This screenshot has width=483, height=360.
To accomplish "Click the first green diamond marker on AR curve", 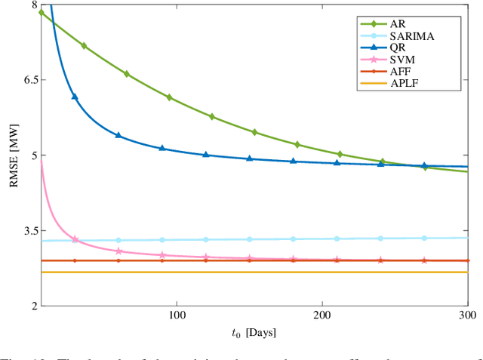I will tap(42, 13).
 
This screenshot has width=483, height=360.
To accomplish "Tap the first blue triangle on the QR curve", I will tap(74, 97).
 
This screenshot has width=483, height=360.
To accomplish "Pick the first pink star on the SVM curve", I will tap(75, 239).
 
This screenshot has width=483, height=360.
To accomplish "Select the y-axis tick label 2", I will tap(32, 306).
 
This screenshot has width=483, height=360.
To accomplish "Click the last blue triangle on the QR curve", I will tap(424, 165).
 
